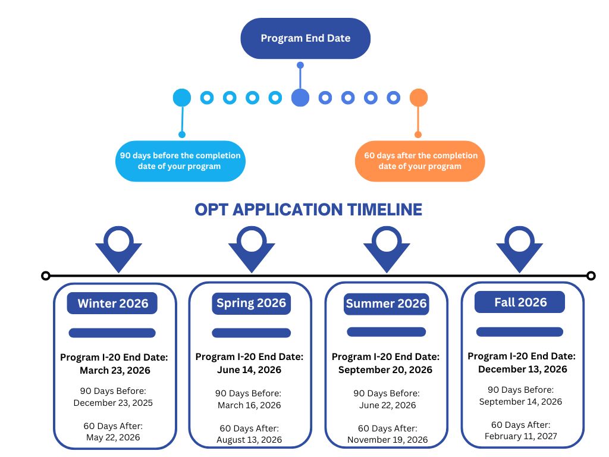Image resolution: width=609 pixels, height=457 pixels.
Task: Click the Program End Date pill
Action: pyautogui.click(x=305, y=38)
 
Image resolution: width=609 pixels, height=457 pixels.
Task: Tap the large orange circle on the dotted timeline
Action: pyautogui.click(x=419, y=98)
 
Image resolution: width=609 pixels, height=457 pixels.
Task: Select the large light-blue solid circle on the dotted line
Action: pyautogui.click(x=181, y=98)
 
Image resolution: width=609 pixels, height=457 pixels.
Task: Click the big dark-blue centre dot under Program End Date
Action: pyautogui.click(x=300, y=98)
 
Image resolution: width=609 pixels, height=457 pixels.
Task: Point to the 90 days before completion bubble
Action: pyautogui.click(x=180, y=161)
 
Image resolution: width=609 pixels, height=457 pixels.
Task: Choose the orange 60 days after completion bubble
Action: pyautogui.click(x=420, y=161)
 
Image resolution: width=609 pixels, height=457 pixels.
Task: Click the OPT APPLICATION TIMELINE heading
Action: pyautogui.click(x=308, y=209)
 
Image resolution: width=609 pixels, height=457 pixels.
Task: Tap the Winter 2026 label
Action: pyautogui.click(x=113, y=303)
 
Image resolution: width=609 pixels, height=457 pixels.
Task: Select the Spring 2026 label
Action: pyautogui.click(x=251, y=303)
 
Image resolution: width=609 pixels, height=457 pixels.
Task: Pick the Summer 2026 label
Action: pyautogui.click(x=386, y=304)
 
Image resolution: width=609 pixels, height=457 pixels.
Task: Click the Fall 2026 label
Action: pyautogui.click(x=520, y=302)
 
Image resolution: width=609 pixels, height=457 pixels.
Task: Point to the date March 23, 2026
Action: pyautogui.click(x=115, y=370)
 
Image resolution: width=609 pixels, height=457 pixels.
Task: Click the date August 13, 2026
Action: pyautogui.click(x=250, y=440)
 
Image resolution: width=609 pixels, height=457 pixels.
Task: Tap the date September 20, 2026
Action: pyautogui.click(x=385, y=370)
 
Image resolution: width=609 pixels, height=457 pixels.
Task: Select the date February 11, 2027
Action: pyautogui.click(x=521, y=436)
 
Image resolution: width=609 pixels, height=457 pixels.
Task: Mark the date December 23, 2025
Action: pyautogui.click(x=113, y=403)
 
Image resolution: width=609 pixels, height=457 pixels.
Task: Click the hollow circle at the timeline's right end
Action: pyautogui.click(x=591, y=276)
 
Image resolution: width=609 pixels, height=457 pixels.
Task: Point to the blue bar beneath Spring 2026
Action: pyautogui.click(x=251, y=333)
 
